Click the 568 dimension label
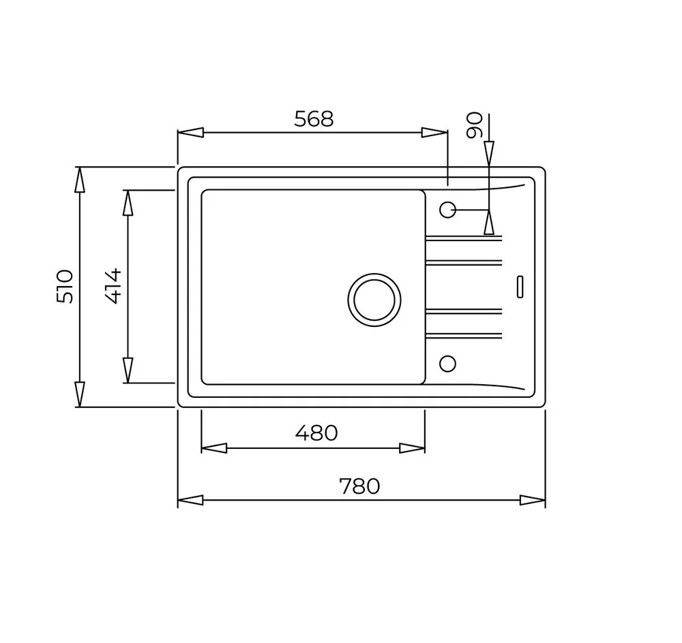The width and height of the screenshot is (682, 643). point(314,119)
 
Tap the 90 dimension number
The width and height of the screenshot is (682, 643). point(475,125)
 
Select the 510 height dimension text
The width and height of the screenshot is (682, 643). point(65,286)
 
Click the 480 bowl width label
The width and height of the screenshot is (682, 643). point(316,433)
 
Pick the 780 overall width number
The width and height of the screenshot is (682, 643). point(359,486)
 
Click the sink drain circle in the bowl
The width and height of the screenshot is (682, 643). point(374,300)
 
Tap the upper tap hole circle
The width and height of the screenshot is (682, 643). point(447,210)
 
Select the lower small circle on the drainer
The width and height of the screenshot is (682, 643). point(447,364)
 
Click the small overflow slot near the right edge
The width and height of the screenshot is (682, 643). point(520,287)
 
